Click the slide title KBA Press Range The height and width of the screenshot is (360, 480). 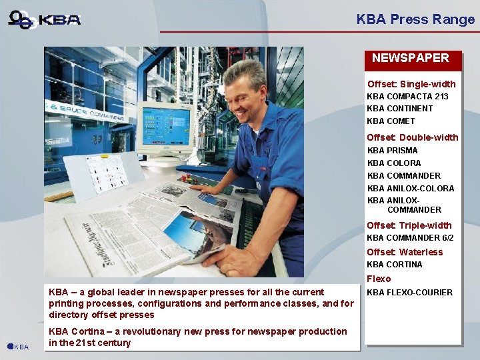tap(415, 19)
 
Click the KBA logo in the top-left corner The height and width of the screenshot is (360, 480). tap(45, 19)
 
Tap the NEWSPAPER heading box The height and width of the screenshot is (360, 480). tap(411, 59)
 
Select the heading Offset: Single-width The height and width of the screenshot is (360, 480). tap(411, 84)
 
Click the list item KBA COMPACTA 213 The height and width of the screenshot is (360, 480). tap(407, 97)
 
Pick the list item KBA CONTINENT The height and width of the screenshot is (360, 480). tap(399, 109)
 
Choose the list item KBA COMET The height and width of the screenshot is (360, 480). tap(391, 121)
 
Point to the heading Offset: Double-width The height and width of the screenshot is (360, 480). tap(412, 137)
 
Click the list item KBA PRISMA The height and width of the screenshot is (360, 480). tap(392, 151)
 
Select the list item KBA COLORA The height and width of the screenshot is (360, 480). tap(394, 163)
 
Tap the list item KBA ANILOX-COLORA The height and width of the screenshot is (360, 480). tap(411, 189)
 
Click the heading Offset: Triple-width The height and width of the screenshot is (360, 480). tap(409, 225)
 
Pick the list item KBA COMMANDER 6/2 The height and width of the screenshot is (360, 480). tap(410, 238)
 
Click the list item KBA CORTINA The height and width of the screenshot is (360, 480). tap(395, 265)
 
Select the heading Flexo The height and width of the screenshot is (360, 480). tap(379, 279)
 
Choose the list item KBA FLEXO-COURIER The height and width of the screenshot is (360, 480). tap(409, 293)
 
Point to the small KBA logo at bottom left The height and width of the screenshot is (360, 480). tap(18, 347)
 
